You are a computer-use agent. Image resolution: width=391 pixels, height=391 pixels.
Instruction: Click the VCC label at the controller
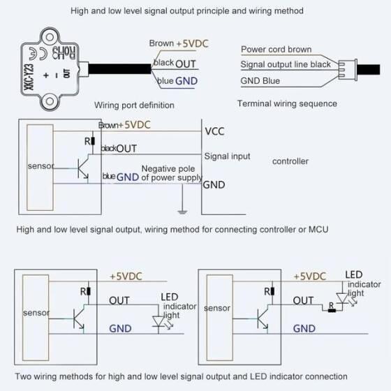coord(214,131)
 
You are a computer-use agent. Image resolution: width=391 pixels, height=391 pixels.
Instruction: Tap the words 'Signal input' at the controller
coord(227,156)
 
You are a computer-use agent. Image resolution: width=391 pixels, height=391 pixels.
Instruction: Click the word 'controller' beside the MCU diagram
coord(290,161)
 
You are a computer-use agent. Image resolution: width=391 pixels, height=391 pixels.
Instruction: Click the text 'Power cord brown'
coord(276,50)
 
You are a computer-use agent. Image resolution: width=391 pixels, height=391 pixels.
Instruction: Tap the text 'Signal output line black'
coord(286,64)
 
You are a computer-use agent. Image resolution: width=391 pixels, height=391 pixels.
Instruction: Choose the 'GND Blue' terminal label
coord(260,80)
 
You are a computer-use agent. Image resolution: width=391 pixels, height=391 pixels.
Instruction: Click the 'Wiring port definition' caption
coord(134,105)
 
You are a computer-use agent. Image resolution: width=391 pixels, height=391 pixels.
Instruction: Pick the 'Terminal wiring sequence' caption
coord(287,103)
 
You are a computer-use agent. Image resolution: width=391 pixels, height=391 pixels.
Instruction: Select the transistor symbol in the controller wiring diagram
coord(83,170)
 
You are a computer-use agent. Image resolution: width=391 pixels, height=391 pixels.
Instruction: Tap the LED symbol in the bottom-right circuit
coord(341,301)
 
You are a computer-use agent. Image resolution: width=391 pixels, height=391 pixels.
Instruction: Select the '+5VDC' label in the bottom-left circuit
coord(127,276)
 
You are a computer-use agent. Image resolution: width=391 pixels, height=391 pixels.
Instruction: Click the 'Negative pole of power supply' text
coord(171,173)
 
